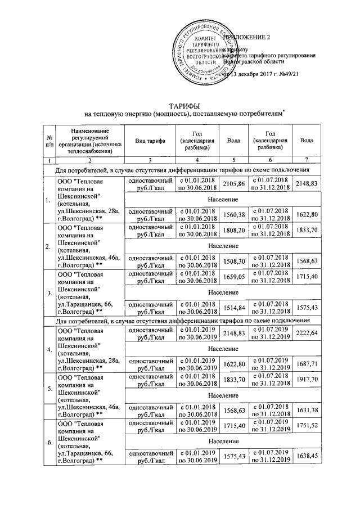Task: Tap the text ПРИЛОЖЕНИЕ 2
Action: [x=247, y=37]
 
